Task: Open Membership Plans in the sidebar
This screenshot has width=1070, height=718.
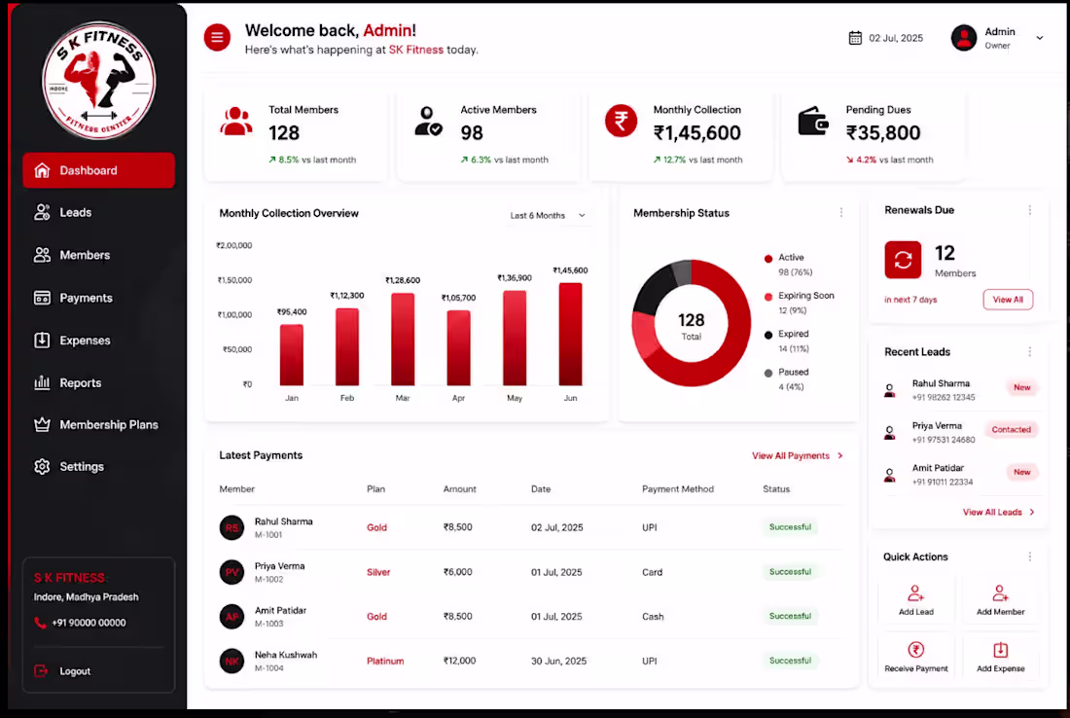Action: pos(96,424)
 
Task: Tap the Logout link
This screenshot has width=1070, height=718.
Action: pos(62,671)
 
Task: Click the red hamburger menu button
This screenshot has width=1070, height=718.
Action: pos(217,37)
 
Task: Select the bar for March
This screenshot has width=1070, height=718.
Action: pos(403,340)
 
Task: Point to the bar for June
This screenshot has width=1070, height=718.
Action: pos(570,335)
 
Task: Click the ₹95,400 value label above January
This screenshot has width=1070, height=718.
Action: pos(292,312)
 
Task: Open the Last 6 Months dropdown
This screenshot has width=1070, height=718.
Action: pos(548,216)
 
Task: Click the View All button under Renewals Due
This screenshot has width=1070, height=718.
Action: pos(1008,300)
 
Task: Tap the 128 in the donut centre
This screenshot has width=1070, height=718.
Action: pos(692,320)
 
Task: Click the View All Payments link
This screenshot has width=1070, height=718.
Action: pos(797,456)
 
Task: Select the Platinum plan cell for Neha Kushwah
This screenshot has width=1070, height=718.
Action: pos(385,661)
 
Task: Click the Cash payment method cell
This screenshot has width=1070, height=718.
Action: pos(653,616)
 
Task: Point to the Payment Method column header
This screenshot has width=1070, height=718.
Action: pos(678,488)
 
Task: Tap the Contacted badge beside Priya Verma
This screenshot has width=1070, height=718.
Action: pos(1011,429)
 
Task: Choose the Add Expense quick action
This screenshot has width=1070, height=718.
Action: pos(1000,657)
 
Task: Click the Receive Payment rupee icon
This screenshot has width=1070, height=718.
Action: pos(915,649)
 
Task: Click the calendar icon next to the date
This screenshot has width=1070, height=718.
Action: pos(855,38)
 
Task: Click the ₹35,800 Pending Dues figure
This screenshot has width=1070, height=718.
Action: pos(883,132)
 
